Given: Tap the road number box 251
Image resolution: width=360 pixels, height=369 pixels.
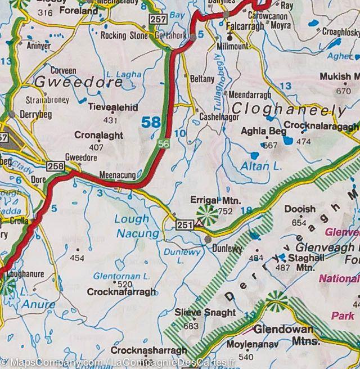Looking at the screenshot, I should point(183,224).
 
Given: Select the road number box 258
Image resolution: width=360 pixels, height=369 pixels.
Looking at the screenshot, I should point(55,166).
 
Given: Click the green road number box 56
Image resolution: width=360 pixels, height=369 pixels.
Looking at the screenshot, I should point(164,144).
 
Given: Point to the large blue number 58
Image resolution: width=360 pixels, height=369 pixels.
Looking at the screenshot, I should point(151,122).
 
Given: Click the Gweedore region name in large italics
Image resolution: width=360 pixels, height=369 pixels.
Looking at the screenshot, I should point(78,82).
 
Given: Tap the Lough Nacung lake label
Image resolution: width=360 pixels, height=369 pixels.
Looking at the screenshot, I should point(132,226).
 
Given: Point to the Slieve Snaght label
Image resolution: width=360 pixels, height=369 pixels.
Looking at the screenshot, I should point(197,313).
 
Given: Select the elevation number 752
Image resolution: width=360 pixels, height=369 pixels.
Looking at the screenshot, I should point(225,211).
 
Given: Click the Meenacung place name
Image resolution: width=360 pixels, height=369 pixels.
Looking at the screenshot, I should point(117,175).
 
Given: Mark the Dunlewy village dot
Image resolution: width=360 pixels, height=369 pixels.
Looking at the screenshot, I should point(208,240).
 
